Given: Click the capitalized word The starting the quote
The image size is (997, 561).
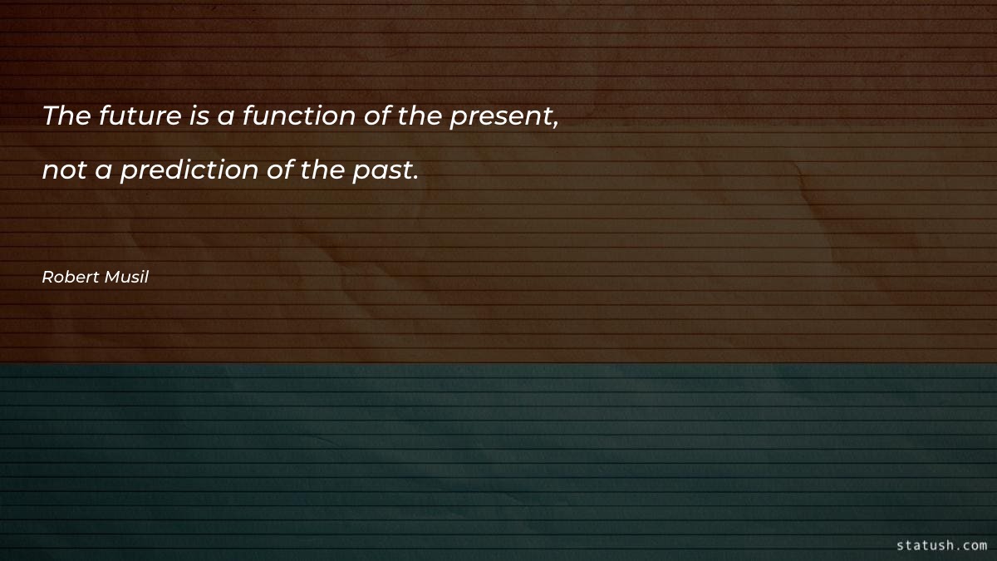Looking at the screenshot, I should point(66,116).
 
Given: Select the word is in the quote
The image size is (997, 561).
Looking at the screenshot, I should point(199,116).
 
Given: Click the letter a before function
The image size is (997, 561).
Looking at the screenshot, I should point(224,119).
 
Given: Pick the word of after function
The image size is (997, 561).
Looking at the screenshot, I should point(379,117).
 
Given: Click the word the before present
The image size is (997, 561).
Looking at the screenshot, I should point(420,116).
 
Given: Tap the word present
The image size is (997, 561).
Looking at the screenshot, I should point(500,119).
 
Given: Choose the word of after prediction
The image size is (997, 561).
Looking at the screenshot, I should point(278,170).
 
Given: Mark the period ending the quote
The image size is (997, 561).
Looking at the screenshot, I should point(414,178).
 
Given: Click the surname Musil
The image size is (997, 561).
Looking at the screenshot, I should point(125,278).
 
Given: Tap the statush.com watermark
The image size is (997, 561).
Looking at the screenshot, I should point(941,545).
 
